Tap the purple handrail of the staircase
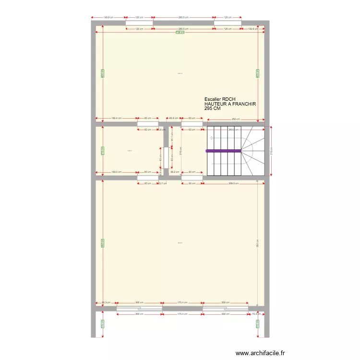click(x=224, y=151)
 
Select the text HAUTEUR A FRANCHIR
click(x=230, y=104)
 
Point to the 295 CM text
click(x=213, y=108)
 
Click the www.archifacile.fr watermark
click(x=261, y=353)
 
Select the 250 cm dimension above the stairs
click(x=235, y=119)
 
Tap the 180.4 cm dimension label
click(x=116, y=119)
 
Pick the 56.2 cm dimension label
click(x=174, y=171)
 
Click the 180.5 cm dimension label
click(x=116, y=171)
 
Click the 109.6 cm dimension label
click(x=253, y=29)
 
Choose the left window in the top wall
click(x=139, y=23)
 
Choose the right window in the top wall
click(x=228, y=23)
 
